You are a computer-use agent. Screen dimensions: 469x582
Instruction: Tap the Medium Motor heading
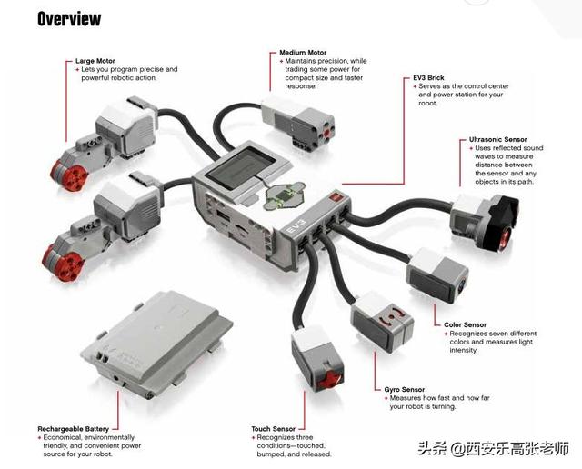tap(304, 52)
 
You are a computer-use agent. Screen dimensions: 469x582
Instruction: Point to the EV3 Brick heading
tap(430, 78)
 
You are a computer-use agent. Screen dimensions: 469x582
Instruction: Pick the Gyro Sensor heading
tap(400, 389)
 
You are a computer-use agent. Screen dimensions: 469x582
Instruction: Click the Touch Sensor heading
tap(273, 428)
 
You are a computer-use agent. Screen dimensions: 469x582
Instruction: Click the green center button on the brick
tap(283, 195)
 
